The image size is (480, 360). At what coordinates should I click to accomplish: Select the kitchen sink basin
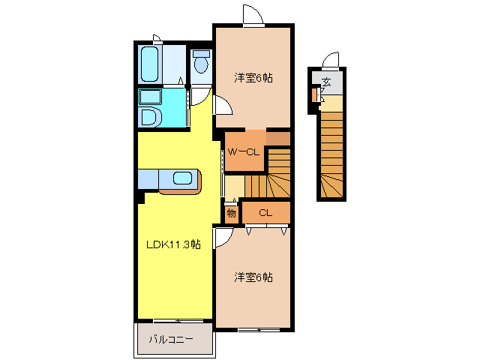click(x=183, y=178)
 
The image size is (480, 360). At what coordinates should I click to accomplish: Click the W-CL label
click(x=243, y=152)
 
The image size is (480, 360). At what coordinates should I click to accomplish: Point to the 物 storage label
click(x=231, y=213)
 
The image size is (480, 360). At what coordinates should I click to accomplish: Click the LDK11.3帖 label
click(x=172, y=244)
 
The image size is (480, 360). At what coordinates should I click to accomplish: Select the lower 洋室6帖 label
click(x=252, y=277)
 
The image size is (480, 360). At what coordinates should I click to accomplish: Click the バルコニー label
click(x=170, y=340)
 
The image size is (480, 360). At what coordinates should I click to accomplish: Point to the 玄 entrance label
click(x=327, y=82)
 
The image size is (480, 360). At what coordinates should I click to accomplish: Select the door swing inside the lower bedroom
click(x=222, y=237)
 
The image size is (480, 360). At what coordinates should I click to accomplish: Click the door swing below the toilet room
click(x=199, y=96)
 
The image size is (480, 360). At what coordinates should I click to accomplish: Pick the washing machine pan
click(x=149, y=97)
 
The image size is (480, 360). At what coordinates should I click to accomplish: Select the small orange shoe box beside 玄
click(x=316, y=95)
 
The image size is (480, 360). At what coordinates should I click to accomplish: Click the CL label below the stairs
click(x=265, y=213)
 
